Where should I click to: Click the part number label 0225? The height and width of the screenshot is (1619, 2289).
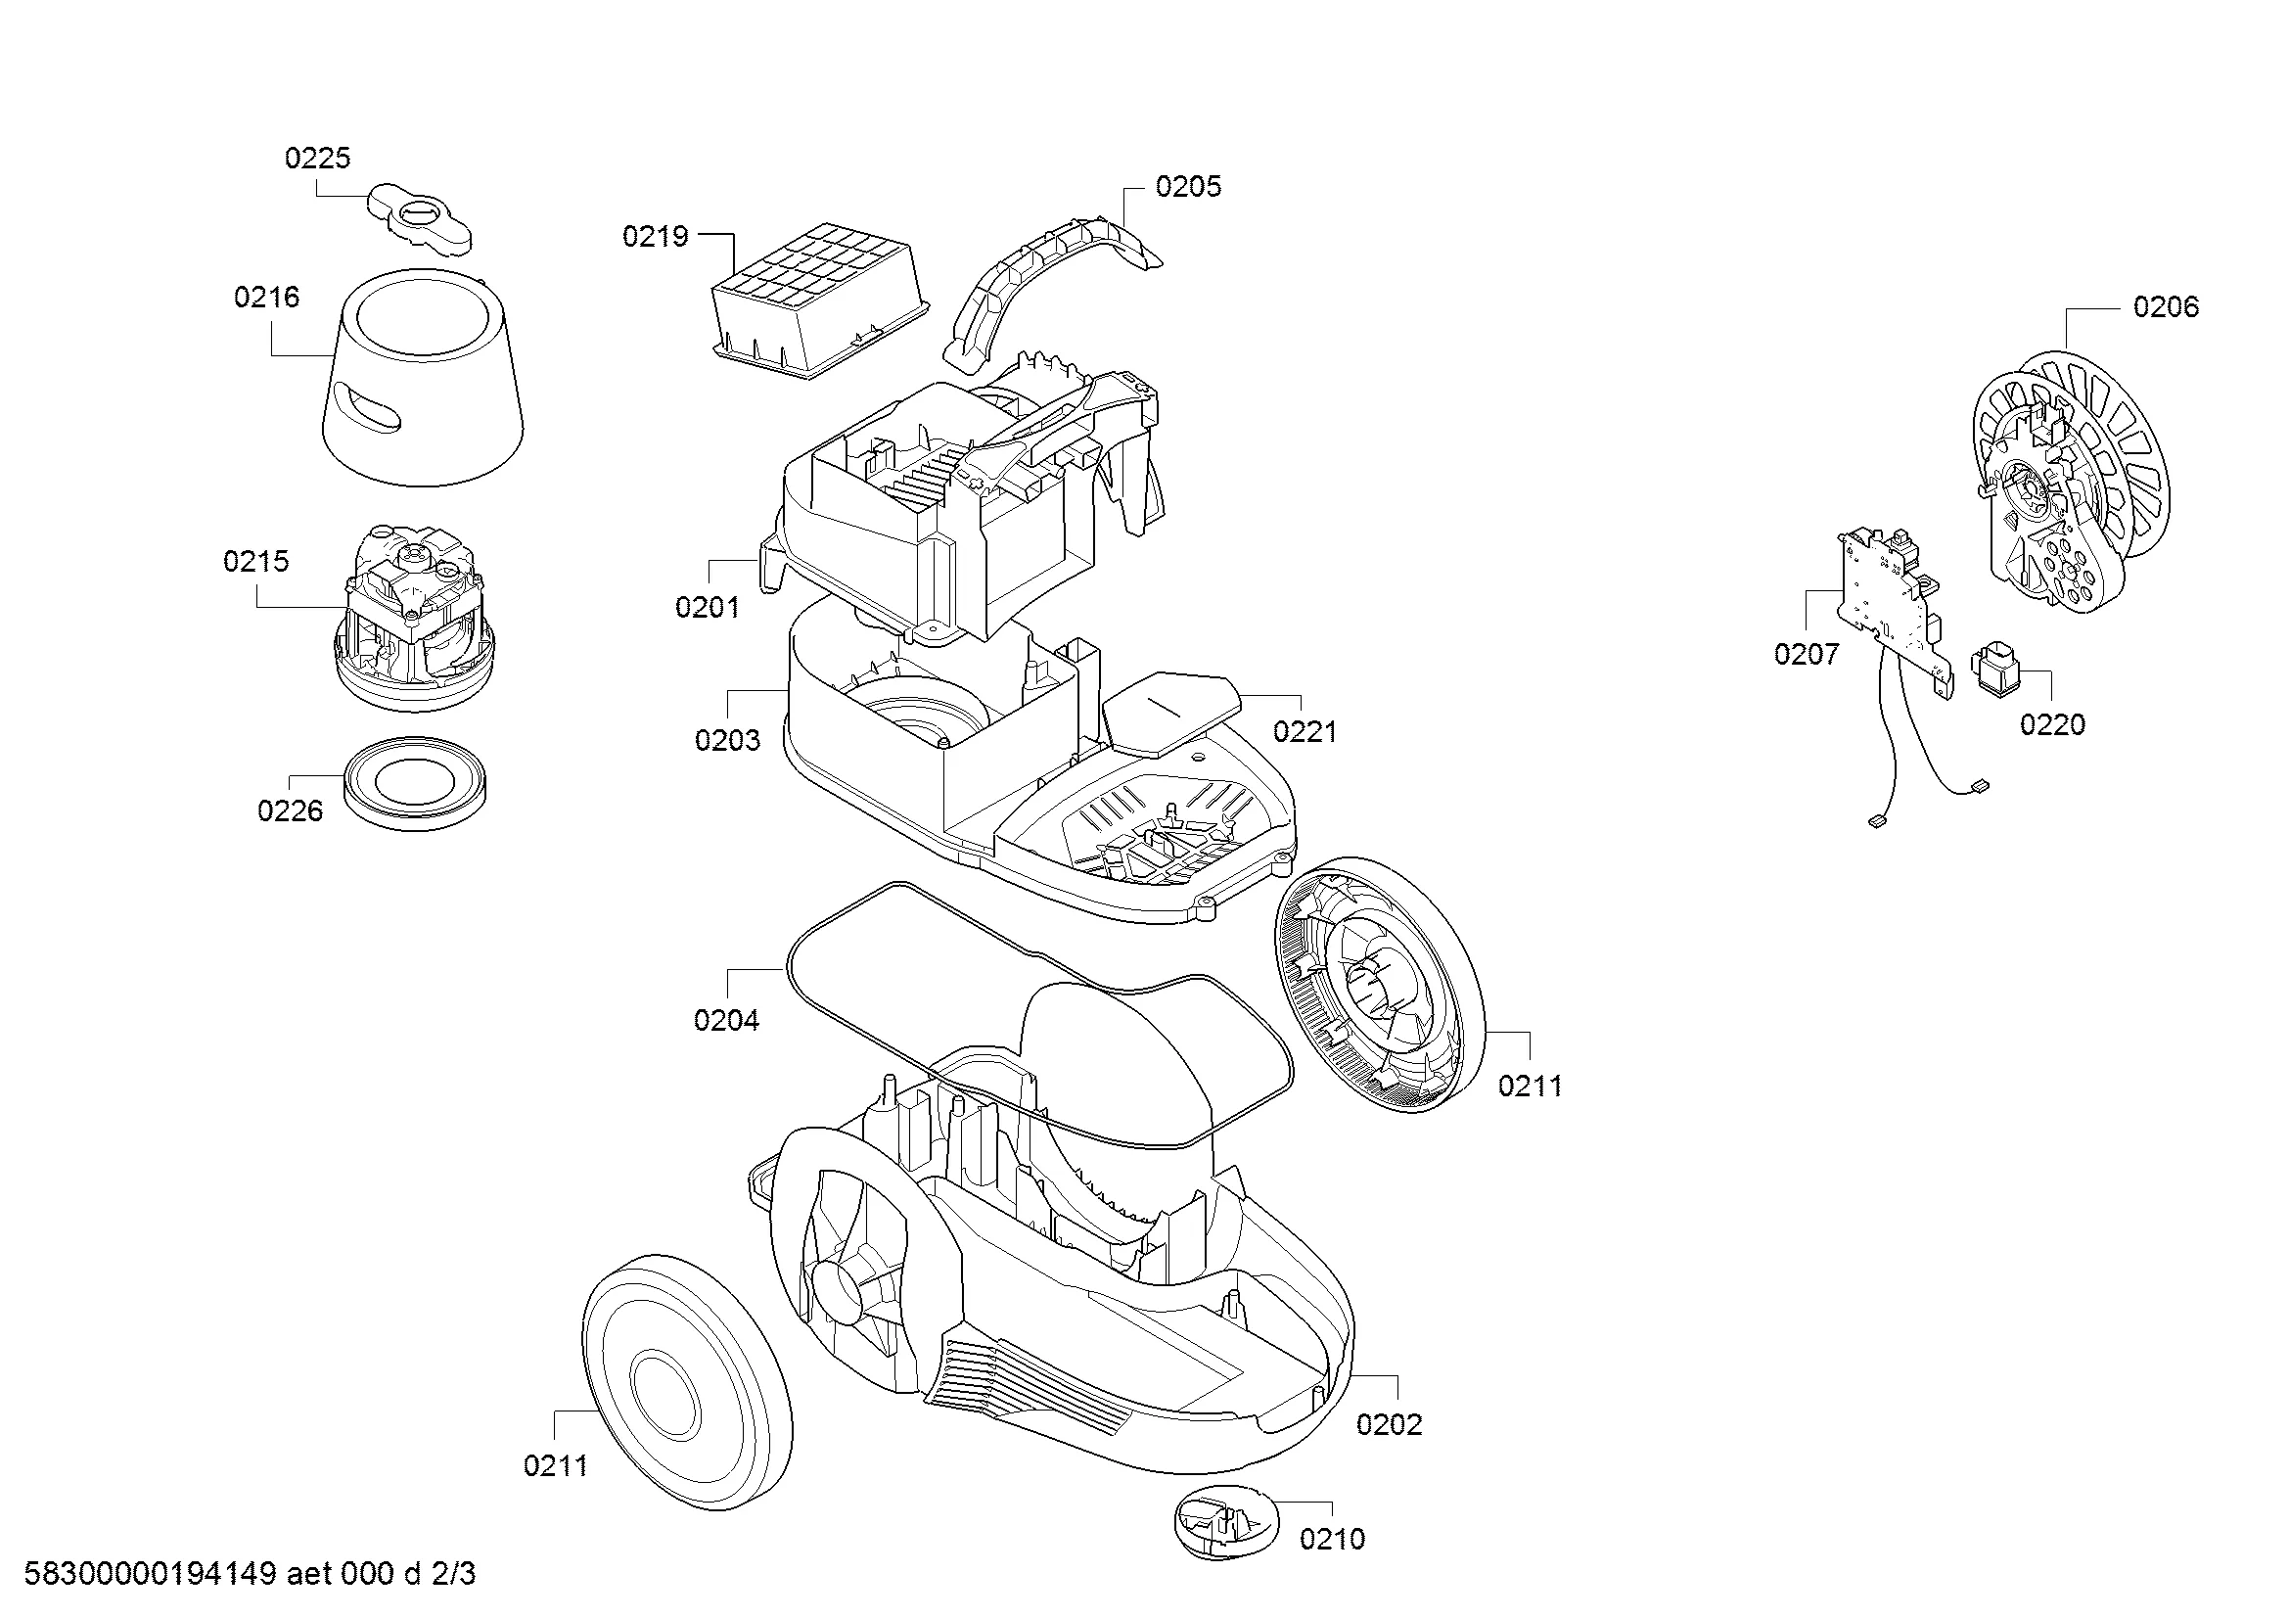tap(317, 159)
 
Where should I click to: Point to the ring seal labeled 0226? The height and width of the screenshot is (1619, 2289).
tap(416, 784)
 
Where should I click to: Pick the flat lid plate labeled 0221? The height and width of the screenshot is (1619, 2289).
tap(1171, 712)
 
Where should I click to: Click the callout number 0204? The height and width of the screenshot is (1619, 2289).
tap(726, 1021)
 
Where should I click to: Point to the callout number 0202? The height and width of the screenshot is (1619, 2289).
tap(1389, 1424)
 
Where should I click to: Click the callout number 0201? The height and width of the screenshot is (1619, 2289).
tap(707, 607)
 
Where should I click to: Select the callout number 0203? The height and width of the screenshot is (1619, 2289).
tap(727, 741)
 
